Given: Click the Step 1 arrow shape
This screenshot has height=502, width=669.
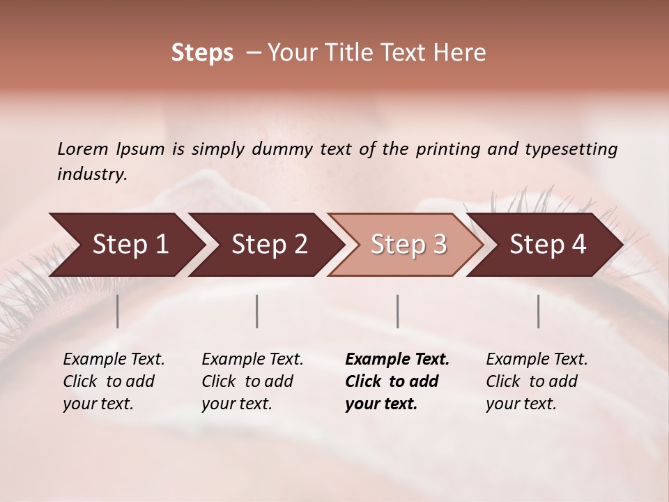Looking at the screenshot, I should point(125,245).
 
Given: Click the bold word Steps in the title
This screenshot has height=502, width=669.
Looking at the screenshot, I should point(202,53).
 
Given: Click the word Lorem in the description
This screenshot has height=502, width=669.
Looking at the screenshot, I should point(83,149).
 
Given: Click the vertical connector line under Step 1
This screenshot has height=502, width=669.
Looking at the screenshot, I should point(117,311).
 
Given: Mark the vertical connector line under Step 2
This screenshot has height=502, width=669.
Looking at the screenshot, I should point(257,311).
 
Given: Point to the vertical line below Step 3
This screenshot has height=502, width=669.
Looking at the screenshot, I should point(397,311).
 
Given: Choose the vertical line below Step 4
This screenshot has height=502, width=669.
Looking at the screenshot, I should point(539,311).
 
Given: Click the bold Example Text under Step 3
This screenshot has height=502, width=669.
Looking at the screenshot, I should point(397,360).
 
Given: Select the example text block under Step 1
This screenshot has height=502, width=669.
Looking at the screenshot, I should point(114,381).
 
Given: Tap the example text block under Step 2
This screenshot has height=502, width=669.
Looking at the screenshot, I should point(252,381).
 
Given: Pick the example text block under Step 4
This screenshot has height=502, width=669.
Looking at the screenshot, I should point(537,381).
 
